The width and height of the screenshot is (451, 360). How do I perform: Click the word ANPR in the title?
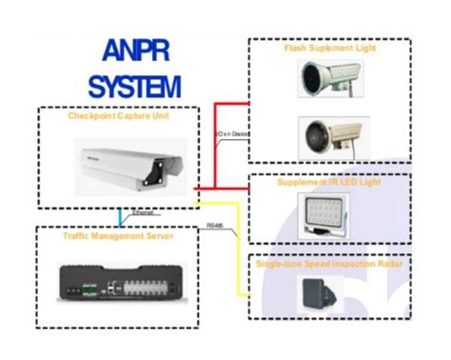point(133,55)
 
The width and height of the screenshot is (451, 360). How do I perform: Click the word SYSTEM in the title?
point(133,88)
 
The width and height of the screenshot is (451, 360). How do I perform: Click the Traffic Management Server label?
point(115,233)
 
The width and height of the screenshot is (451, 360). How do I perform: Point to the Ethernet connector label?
point(143,214)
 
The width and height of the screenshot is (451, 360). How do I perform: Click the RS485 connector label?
point(217,226)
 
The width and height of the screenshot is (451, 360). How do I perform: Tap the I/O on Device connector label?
point(231,136)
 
